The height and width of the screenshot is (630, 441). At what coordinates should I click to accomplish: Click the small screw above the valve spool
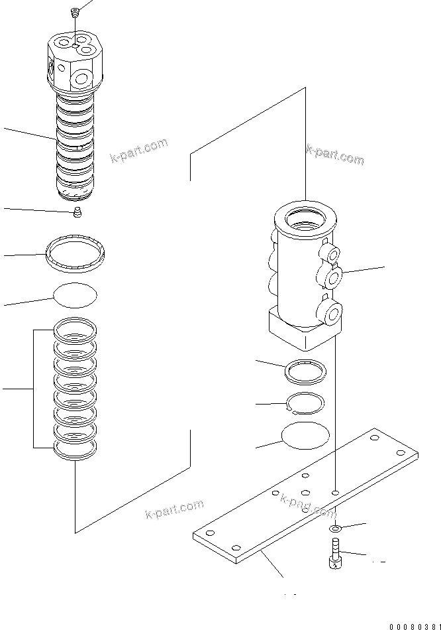[x=75, y=11]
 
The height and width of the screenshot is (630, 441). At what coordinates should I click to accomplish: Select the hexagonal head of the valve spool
[x=75, y=63]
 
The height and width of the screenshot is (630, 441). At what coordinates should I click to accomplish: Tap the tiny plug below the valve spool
[x=77, y=212]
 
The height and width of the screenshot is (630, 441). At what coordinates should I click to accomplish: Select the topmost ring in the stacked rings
[x=75, y=328]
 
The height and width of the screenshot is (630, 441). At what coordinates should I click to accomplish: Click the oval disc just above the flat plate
[x=305, y=436]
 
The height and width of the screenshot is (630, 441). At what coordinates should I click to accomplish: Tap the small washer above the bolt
[x=336, y=528]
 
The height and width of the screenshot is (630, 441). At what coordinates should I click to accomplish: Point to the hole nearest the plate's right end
[x=399, y=452]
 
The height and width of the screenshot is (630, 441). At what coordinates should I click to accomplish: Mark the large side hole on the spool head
[x=83, y=80]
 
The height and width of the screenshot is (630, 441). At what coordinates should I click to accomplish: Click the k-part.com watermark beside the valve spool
[x=140, y=151]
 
